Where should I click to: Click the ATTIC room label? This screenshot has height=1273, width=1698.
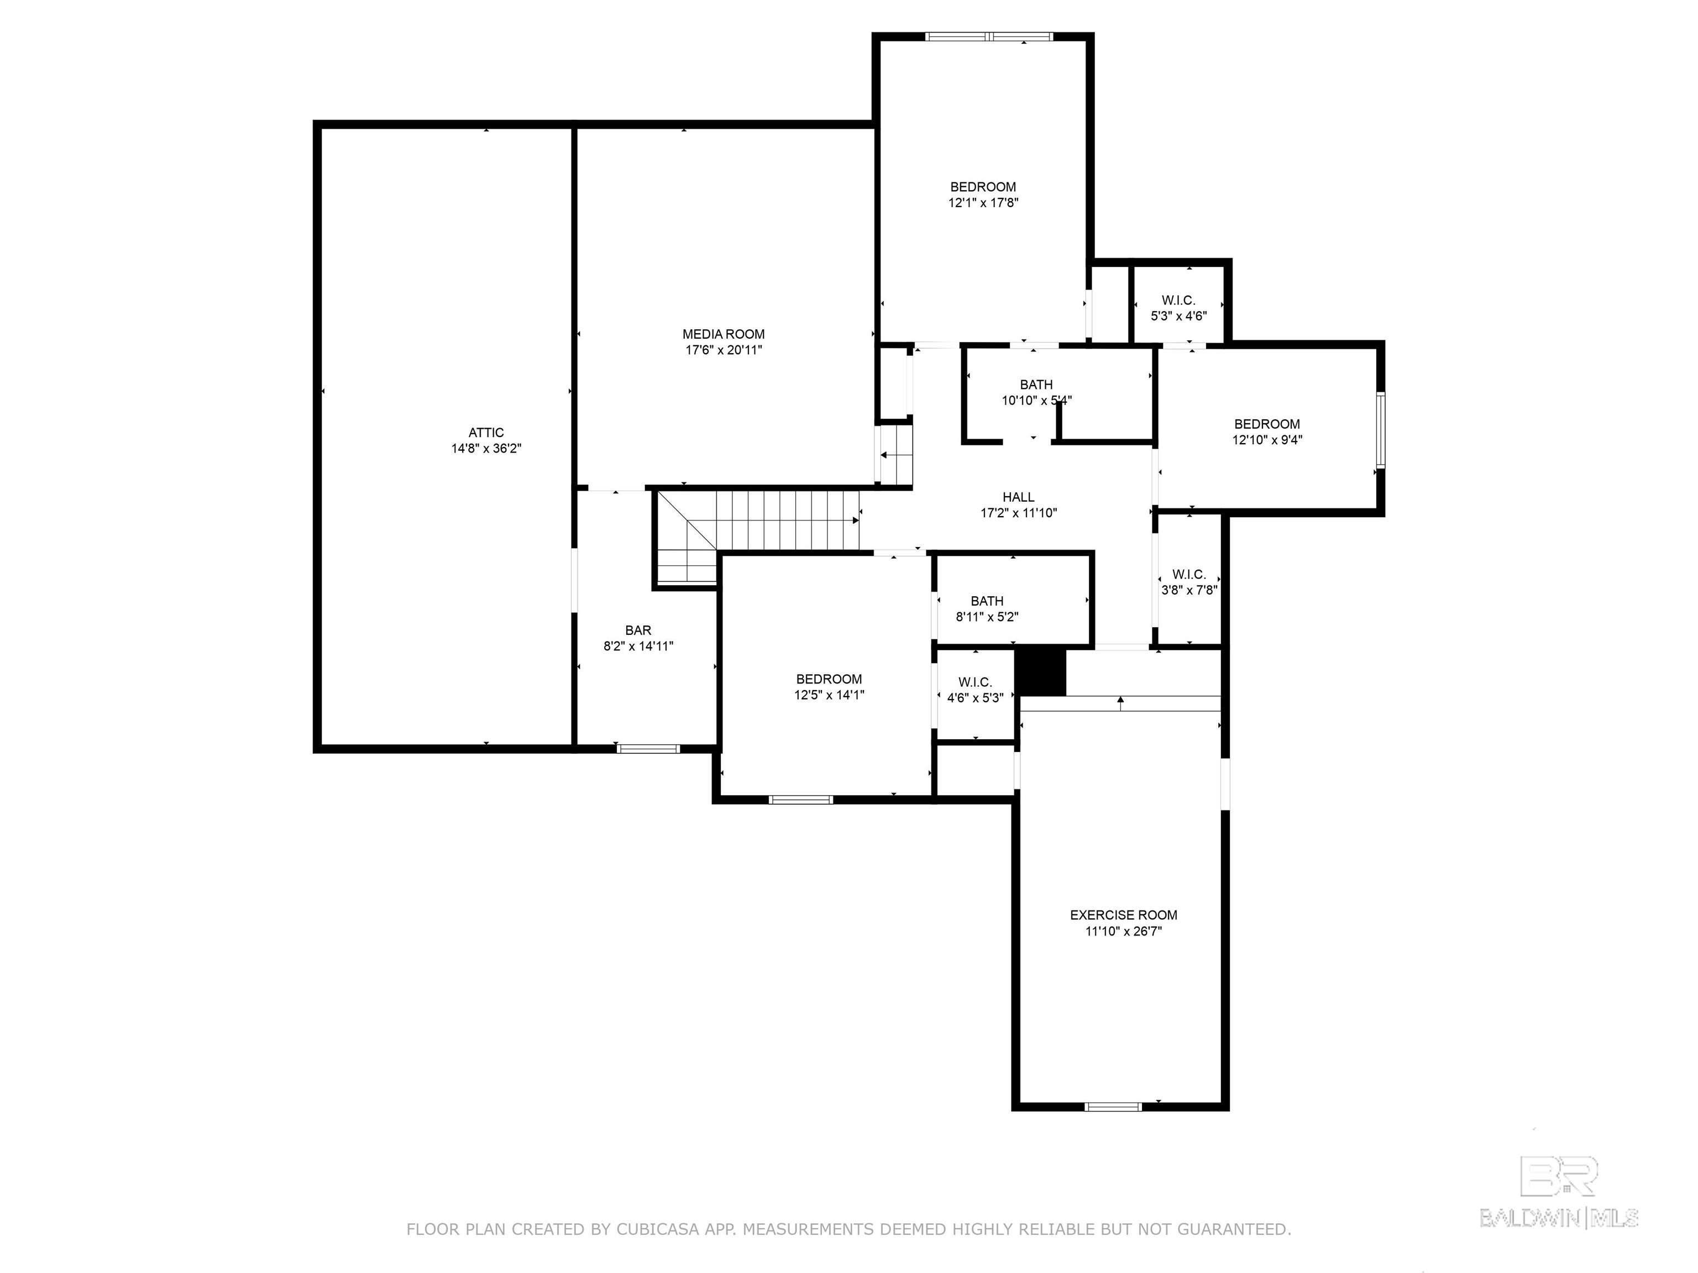pos(486,433)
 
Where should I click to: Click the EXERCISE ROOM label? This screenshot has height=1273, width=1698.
pos(1124,916)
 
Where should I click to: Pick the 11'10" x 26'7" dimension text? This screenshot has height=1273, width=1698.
pos(1124,932)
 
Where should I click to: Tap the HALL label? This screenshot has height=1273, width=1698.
pos(1019,497)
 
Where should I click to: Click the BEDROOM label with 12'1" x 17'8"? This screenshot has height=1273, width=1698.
pos(983,187)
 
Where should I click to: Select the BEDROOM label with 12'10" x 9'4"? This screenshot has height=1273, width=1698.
pos(1267,424)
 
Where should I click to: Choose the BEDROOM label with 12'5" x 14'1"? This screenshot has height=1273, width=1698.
pos(829,679)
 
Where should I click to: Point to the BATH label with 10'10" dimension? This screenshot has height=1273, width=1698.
pos(1036,385)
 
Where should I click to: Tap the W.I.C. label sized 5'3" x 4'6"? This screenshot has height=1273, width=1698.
pos(1178,301)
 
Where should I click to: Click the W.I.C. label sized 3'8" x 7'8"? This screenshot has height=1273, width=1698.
pos(1189,575)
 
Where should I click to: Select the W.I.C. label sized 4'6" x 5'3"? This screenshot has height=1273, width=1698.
pos(975,683)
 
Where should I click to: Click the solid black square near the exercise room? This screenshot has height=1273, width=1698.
pos(1041,673)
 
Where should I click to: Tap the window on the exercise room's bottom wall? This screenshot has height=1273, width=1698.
pos(1114,1107)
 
